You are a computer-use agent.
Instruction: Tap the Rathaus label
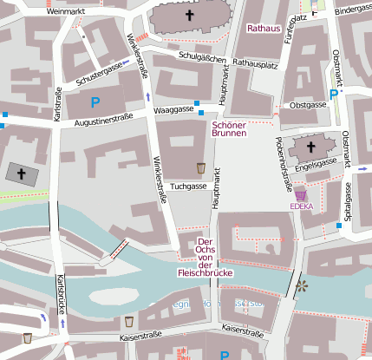pyautogui.click(x=263, y=29)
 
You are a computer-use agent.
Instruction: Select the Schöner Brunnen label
pyautogui.click(x=230, y=129)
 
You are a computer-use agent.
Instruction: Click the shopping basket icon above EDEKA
pyautogui.click(x=301, y=194)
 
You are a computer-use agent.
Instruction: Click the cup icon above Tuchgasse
pyautogui.click(x=200, y=168)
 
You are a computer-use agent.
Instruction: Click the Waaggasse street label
pyautogui.click(x=172, y=110)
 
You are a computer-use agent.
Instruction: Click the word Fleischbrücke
pyautogui.click(x=206, y=272)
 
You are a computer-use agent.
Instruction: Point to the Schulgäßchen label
pyautogui.click(x=201, y=56)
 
